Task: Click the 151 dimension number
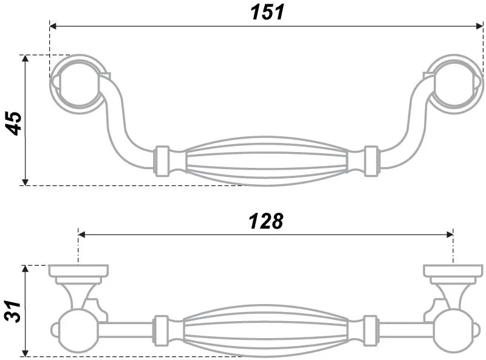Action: (267, 12)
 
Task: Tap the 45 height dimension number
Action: (14, 123)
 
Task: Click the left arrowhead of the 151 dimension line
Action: (53, 26)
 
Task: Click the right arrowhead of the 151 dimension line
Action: (479, 26)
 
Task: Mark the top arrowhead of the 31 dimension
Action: (25, 269)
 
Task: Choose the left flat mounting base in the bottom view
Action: (79, 271)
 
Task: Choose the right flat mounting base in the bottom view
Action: (453, 271)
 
